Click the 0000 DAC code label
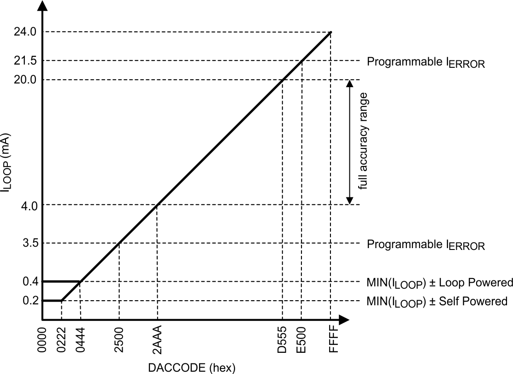(x=42, y=340)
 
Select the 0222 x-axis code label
(x=62, y=340)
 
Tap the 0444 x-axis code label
(x=81, y=340)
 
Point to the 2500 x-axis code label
(x=119, y=340)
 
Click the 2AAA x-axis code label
(x=158, y=340)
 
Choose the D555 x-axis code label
(x=283, y=340)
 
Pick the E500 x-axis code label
(x=302, y=340)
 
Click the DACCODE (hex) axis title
(x=191, y=368)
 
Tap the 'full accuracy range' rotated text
(x=364, y=142)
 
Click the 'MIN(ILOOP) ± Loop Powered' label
(x=440, y=282)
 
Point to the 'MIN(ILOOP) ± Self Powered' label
(x=437, y=302)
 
